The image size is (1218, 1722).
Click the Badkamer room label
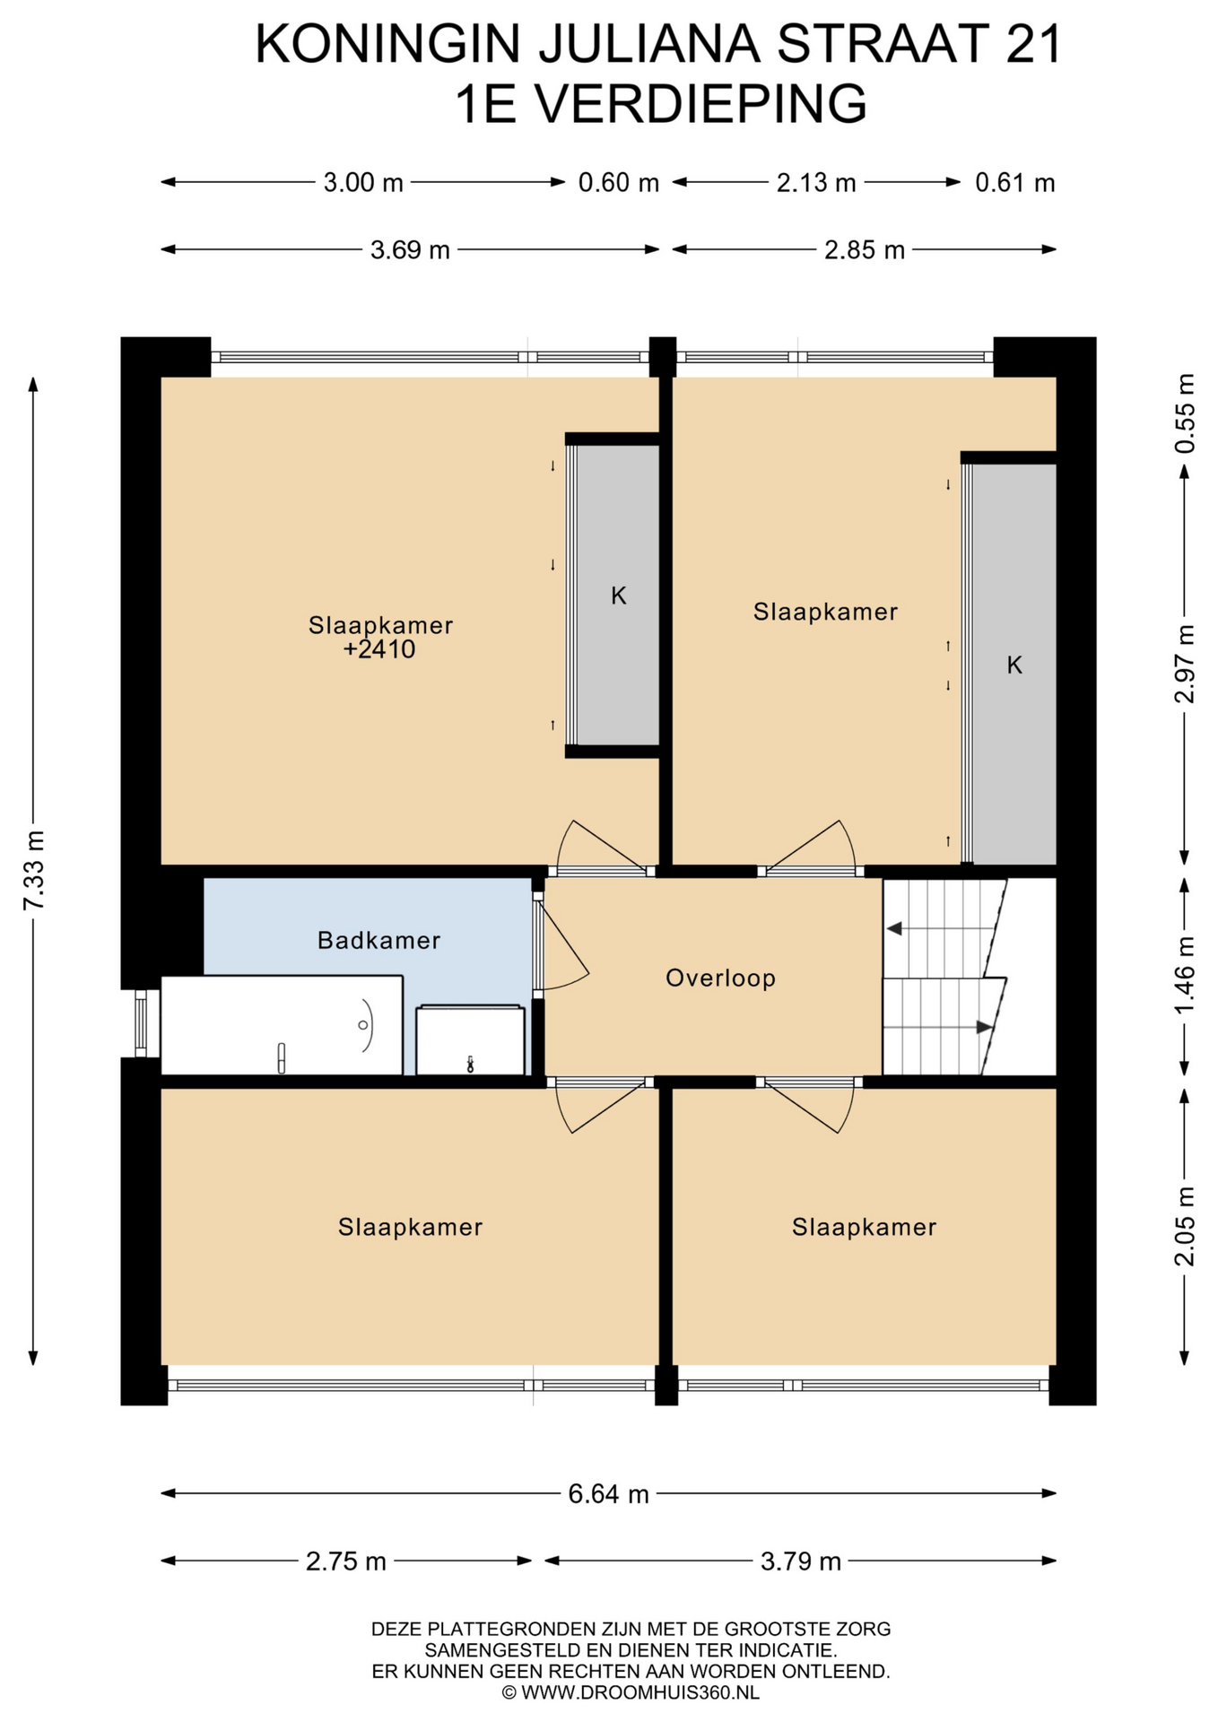click(378, 940)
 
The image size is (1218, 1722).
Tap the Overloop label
click(720, 978)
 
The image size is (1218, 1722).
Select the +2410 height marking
click(379, 649)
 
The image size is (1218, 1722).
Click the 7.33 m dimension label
click(33, 870)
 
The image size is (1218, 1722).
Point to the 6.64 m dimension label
click(609, 1494)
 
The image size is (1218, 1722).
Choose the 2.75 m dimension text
click(346, 1561)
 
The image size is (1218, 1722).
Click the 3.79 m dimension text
click(801, 1561)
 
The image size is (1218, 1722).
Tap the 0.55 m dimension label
click(1185, 413)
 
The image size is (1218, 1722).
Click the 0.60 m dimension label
click(619, 183)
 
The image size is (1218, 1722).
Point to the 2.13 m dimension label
click(816, 183)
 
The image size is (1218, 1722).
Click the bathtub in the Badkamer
click(282, 1025)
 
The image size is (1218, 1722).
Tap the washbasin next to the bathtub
click(471, 1040)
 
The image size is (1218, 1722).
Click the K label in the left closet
click(619, 596)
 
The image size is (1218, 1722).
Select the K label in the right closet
click(1014, 665)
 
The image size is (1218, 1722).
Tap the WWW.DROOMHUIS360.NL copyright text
click(631, 1692)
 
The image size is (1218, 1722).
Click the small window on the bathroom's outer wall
click(141, 1023)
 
